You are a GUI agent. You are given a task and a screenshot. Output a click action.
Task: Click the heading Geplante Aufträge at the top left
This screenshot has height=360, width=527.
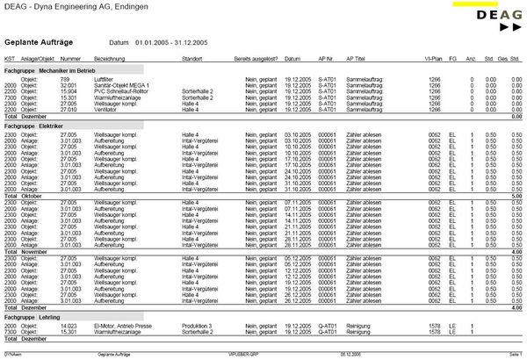[39, 41]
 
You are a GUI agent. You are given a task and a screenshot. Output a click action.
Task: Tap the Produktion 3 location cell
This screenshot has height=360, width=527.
[197, 326]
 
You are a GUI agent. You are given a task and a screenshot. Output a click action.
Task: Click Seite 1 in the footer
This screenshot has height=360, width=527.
[515, 352]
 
